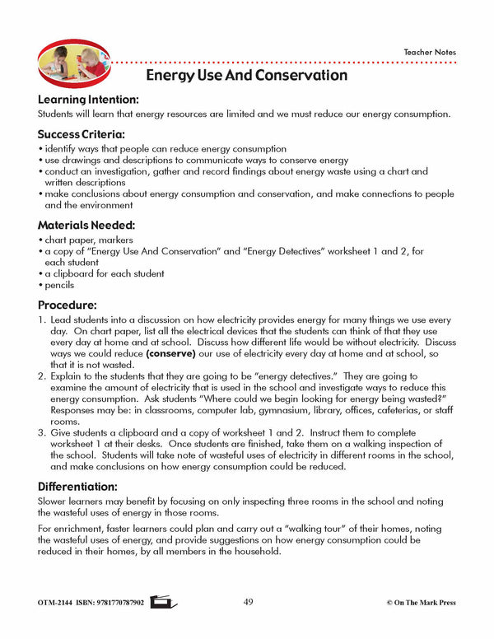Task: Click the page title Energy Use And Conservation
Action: coord(246,75)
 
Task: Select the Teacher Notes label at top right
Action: coord(429,53)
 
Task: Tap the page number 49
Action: coord(248,602)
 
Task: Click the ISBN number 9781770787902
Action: coord(110,603)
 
